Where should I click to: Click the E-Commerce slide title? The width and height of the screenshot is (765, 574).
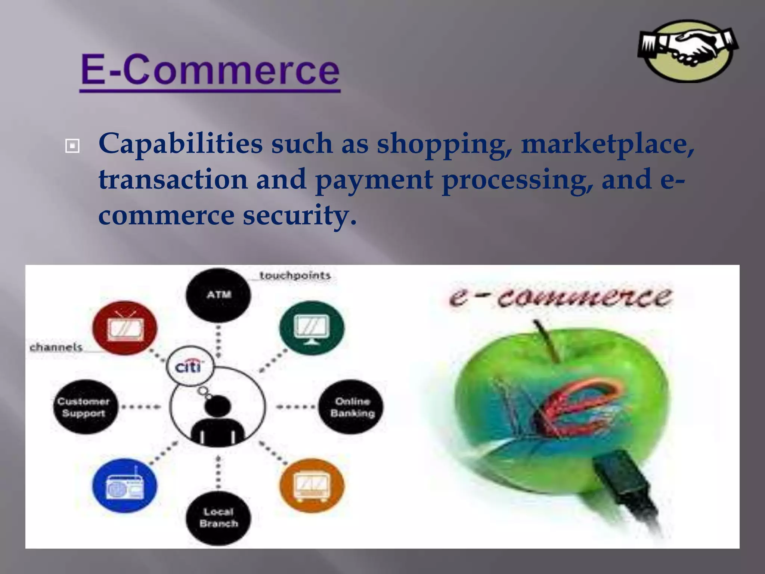pyautogui.click(x=210, y=70)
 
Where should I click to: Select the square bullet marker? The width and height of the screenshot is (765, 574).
pyautogui.click(x=72, y=146)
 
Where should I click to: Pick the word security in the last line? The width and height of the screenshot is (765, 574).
pyautogui.click(x=299, y=216)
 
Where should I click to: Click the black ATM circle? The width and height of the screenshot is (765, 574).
pyautogui.click(x=219, y=295)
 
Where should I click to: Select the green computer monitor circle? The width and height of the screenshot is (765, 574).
pyautogui.click(x=312, y=328)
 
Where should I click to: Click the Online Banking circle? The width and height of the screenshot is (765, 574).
pyautogui.click(x=352, y=407)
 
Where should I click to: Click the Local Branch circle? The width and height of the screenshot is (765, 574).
pyautogui.click(x=219, y=518)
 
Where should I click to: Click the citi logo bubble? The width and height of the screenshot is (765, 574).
pyautogui.click(x=190, y=367)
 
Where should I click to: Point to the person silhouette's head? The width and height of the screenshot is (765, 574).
pyautogui.click(x=217, y=407)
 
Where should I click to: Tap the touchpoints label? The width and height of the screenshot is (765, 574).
pyautogui.click(x=295, y=276)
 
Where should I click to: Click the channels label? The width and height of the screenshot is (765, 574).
pyautogui.click(x=56, y=347)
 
